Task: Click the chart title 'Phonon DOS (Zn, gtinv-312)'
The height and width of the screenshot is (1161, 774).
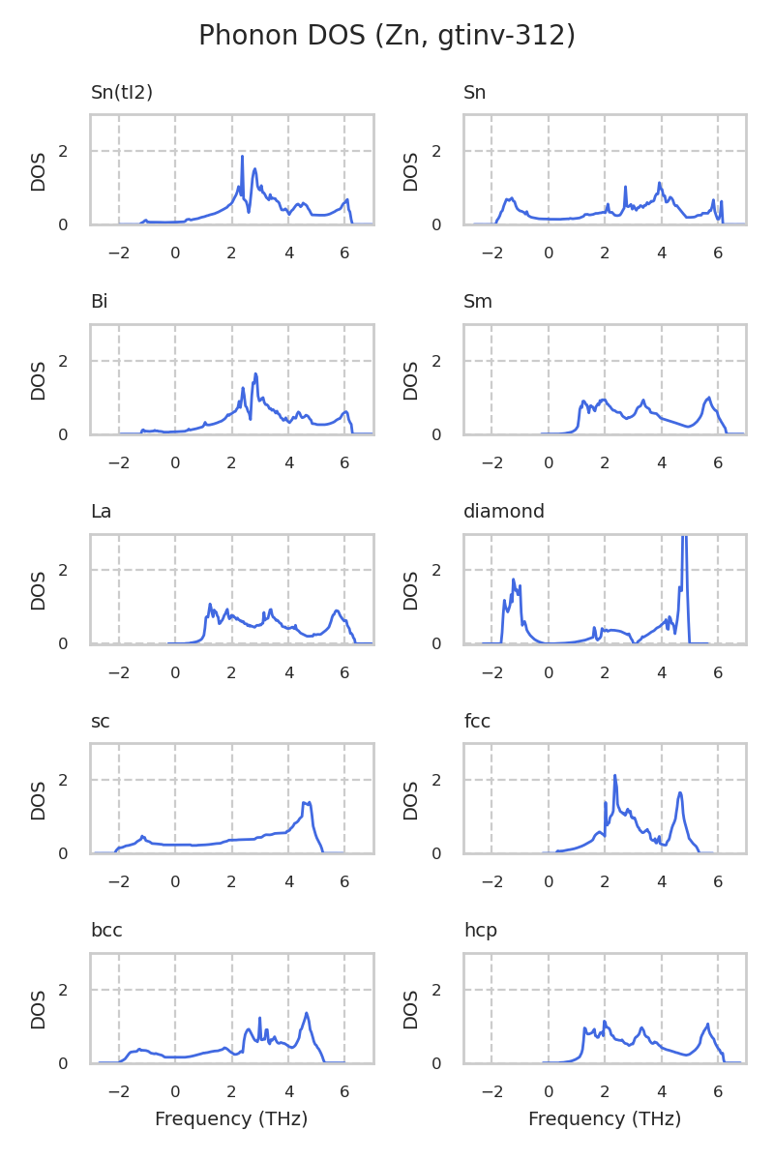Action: [387, 36]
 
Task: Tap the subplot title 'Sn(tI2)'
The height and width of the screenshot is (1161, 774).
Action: [122, 93]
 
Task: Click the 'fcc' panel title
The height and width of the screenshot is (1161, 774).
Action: [478, 721]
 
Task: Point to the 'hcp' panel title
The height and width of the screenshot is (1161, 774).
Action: [481, 931]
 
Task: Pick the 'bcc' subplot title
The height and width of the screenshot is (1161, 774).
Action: [106, 931]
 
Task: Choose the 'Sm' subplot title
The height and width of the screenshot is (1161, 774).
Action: [478, 302]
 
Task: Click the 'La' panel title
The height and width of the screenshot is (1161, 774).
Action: [102, 512]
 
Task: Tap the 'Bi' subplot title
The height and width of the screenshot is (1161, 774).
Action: [100, 302]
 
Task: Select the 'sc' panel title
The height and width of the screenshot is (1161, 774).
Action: [101, 721]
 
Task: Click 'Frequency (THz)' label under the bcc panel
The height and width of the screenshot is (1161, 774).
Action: [231, 1119]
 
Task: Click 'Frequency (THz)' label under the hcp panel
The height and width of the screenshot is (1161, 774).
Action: [605, 1119]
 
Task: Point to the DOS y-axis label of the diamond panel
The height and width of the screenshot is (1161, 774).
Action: [411, 589]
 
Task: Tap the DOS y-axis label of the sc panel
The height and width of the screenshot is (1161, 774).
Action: [39, 799]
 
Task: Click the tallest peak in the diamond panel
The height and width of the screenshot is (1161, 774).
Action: [684, 538]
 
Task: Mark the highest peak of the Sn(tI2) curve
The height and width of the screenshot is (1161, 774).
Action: [242, 157]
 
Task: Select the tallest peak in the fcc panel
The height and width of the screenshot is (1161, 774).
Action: [614, 775]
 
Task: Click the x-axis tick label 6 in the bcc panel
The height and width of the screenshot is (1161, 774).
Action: [344, 1091]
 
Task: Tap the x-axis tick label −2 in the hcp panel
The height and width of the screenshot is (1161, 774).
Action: [491, 1091]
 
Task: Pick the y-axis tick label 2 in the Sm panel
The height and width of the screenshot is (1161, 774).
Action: [448, 361]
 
